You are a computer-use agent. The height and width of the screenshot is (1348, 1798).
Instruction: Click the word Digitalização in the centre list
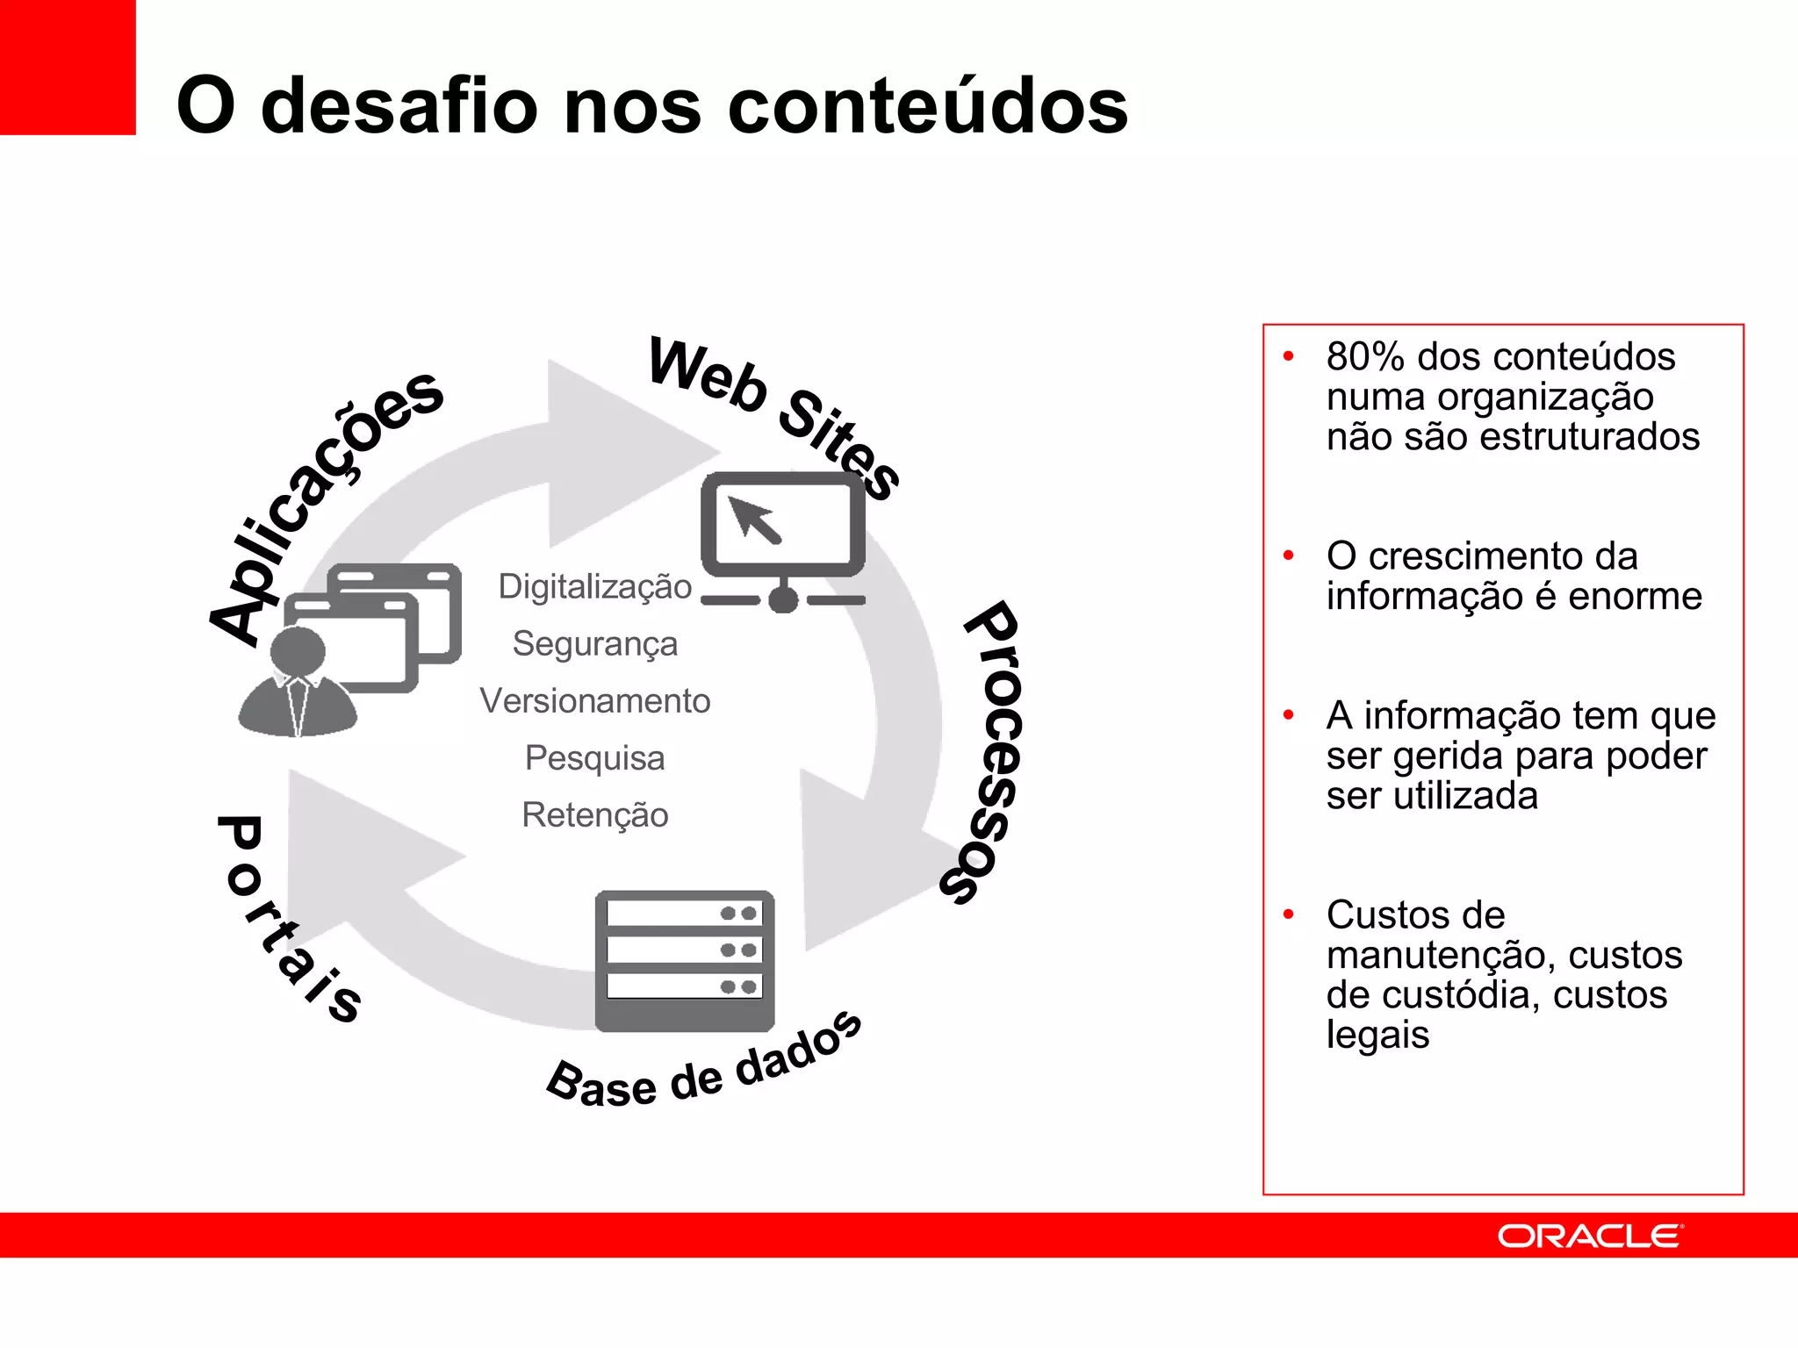(594, 587)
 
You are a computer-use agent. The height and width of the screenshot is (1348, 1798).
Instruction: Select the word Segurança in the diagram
(594, 644)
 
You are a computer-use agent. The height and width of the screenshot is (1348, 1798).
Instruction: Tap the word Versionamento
(594, 701)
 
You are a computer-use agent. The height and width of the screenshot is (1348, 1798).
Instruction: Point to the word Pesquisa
(594, 758)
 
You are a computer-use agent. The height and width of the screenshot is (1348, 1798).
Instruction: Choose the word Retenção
(594, 815)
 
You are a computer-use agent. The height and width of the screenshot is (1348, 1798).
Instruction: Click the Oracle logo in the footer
(1589, 1237)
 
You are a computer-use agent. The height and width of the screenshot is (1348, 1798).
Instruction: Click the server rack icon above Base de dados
(685, 960)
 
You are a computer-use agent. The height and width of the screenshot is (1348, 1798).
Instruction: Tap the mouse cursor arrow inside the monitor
(754, 519)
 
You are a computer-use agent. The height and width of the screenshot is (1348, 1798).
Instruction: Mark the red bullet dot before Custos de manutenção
(1289, 914)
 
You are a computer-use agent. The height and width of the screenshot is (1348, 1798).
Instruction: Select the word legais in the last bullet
(1377, 1035)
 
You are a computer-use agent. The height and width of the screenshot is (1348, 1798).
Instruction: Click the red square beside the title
(68, 68)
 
